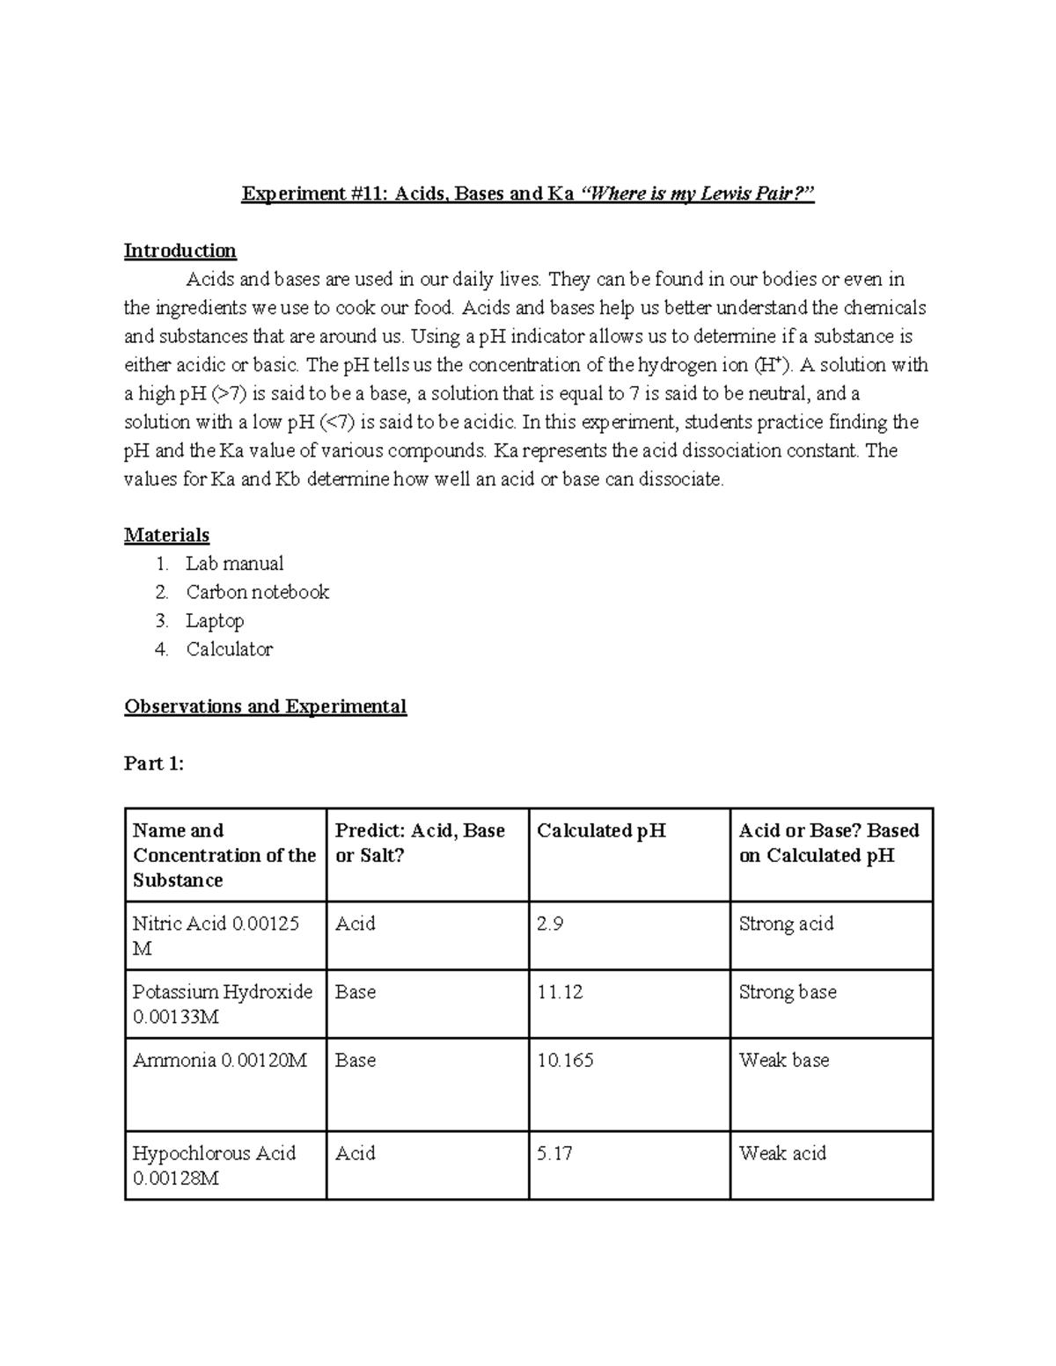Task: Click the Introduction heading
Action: (180, 251)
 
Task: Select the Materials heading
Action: (166, 535)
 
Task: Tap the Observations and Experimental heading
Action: (265, 706)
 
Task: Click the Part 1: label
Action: (154, 763)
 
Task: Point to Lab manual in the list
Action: (234, 564)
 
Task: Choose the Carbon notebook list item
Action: (257, 592)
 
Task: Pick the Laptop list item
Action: (215, 621)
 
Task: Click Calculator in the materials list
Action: (229, 649)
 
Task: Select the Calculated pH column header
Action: (601, 830)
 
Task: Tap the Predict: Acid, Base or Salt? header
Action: (420, 843)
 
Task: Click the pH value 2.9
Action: (550, 924)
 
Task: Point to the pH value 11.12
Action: (560, 992)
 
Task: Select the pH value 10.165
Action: (565, 1061)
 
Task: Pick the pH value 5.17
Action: (554, 1153)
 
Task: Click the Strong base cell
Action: (788, 992)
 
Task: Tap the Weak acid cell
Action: (782, 1153)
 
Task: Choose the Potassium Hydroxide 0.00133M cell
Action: (223, 1004)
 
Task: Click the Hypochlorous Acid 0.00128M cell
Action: (214, 1165)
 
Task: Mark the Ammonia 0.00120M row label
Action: (219, 1061)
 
